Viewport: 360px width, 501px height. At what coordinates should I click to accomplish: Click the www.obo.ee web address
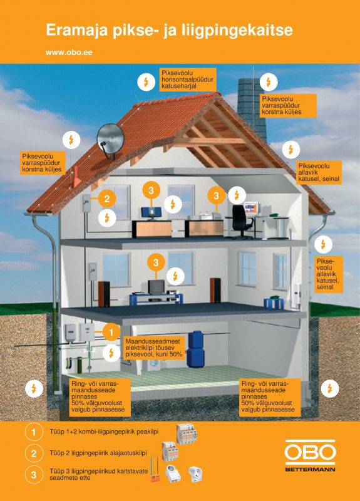point(69,53)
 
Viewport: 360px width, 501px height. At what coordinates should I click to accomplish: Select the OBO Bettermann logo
point(310,456)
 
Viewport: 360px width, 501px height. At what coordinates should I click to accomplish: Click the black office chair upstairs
point(241,221)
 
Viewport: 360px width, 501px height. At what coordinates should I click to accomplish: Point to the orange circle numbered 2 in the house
point(106,199)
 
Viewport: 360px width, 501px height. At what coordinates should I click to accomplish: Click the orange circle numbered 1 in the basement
point(111,333)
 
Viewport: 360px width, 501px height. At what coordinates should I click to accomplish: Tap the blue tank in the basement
point(195,349)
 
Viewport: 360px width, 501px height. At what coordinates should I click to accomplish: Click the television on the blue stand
point(156,286)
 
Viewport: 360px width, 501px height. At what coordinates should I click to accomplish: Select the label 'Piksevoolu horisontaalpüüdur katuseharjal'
point(187,80)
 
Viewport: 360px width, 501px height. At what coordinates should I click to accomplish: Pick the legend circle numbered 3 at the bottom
point(34,475)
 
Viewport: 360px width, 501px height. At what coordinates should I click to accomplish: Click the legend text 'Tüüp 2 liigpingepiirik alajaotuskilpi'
point(98,453)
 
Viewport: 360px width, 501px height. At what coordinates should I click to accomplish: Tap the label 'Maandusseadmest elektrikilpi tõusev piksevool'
point(153,348)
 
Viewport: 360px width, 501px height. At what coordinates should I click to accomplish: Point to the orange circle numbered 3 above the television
point(155,263)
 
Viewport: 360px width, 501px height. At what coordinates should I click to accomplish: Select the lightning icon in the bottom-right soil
point(330,388)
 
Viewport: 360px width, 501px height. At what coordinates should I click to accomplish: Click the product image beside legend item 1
point(187,433)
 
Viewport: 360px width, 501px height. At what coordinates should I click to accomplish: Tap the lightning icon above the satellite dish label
point(71,140)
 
